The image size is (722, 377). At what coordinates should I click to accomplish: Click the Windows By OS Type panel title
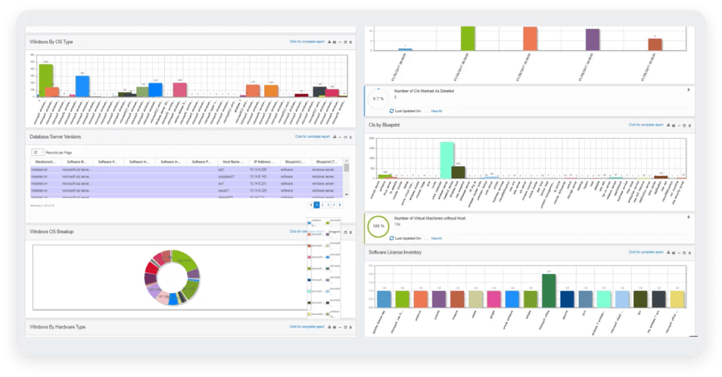[51, 42]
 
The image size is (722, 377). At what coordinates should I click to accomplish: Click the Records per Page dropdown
[38, 152]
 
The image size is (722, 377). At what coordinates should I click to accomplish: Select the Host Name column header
[232, 161]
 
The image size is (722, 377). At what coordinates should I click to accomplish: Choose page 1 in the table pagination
[317, 204]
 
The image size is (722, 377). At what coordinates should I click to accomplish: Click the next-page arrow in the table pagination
[340, 204]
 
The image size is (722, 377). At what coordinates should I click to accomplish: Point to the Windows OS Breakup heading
[51, 231]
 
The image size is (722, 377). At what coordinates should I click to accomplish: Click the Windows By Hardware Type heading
[58, 326]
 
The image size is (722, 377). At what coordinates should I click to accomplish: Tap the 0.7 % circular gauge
[378, 99]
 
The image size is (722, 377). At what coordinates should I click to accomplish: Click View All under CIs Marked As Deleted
[436, 111]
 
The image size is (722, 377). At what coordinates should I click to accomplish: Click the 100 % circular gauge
[378, 226]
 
